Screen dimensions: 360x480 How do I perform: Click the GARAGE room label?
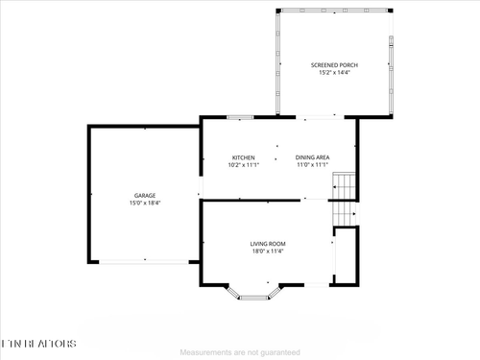tap(145, 195)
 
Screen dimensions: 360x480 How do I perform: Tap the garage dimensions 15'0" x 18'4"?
tap(145, 203)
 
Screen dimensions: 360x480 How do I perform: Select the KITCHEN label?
tap(243, 156)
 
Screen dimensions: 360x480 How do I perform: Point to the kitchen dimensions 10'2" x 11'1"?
tap(243, 164)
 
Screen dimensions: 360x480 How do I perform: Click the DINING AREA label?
tap(313, 156)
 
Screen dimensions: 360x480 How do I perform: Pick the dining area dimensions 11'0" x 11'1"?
tap(313, 164)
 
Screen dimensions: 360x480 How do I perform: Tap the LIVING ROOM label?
tap(268, 243)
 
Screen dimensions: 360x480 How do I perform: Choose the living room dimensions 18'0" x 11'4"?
tap(268, 251)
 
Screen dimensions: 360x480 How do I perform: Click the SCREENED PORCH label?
tap(334, 64)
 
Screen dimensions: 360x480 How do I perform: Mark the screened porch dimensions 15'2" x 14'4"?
tap(334, 72)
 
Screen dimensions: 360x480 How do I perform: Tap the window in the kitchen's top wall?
tap(240, 117)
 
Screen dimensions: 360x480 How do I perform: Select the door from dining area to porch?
tap(314, 117)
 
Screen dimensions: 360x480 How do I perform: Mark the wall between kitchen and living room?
tap(250, 200)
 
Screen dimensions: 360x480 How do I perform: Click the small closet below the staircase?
tap(345, 255)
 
